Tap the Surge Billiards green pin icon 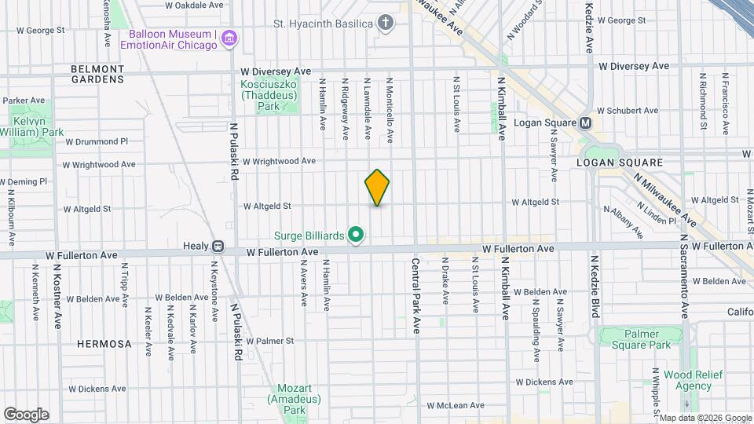coord(356,234)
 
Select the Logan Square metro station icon coord(585,123)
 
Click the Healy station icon coord(218,247)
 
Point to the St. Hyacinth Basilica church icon coord(385,23)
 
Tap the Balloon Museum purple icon coord(229,38)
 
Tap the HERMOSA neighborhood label coord(104,344)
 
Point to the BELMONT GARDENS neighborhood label coord(97,74)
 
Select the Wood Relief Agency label coord(688,380)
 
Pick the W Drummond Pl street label coord(97,142)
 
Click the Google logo coord(26,414)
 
